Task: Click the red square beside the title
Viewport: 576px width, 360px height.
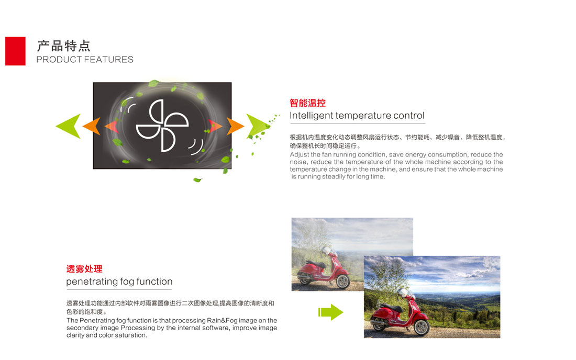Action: [15, 51]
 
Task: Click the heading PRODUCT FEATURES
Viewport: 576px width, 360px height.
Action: [85, 60]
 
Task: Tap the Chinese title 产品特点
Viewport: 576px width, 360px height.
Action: [63, 46]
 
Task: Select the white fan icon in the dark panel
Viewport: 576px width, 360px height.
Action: [162, 126]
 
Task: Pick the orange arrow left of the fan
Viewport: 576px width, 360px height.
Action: [92, 126]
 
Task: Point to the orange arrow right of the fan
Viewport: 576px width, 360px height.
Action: [236, 126]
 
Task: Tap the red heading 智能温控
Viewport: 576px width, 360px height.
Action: [307, 103]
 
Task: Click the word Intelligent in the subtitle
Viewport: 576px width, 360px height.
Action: [311, 116]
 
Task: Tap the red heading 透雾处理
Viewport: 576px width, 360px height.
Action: [84, 268]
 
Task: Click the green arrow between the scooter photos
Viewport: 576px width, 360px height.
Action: [330, 312]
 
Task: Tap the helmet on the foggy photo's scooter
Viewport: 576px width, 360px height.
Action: [326, 251]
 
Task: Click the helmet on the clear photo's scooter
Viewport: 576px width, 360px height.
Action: [403, 292]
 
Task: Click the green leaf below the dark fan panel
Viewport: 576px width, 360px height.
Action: [197, 180]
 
